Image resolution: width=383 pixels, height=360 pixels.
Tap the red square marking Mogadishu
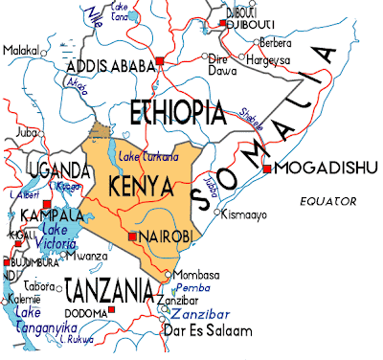pyautogui.click(x=268, y=169)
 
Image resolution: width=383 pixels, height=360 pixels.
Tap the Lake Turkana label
pyautogui.click(x=145, y=155)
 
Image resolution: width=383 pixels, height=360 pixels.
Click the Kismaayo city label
pyautogui.click(x=245, y=215)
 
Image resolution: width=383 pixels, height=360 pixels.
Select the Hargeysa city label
pyautogui.click(x=269, y=59)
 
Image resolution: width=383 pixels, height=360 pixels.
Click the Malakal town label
pyautogui.click(x=21, y=50)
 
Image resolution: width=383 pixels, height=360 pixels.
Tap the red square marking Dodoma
pyautogui.click(x=112, y=311)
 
